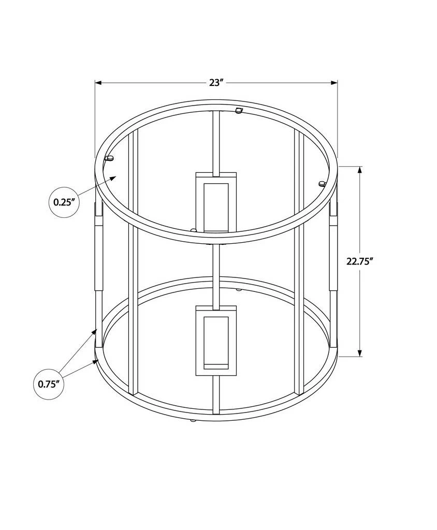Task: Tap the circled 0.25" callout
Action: [64, 202]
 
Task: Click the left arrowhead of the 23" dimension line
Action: [98, 82]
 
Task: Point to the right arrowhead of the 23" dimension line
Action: [334, 82]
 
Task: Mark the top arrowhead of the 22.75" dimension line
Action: [359, 170]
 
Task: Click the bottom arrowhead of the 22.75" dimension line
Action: [359, 352]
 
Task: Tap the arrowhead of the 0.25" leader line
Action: [113, 178]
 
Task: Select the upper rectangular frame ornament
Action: [216, 202]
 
